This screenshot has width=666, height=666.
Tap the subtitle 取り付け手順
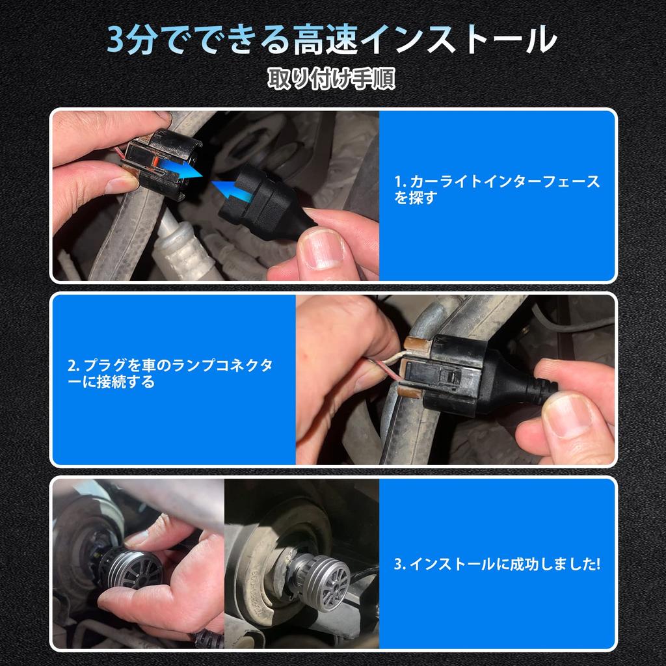point(332,79)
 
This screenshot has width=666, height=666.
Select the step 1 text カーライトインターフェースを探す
point(496,189)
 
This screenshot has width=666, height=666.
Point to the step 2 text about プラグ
point(170,373)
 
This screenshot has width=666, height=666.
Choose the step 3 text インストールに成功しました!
point(497,564)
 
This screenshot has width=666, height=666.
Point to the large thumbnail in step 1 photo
point(321,248)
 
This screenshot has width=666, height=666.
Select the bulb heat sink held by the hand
point(137,567)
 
